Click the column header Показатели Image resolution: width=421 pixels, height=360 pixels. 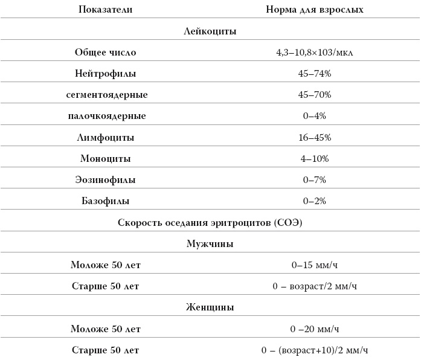106,10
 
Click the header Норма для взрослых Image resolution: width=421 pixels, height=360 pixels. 315,10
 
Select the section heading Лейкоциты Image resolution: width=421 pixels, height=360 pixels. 210,31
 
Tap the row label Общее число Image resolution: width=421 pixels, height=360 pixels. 106,53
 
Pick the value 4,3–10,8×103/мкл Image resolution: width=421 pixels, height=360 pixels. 315,53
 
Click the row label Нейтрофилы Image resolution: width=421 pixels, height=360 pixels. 106,74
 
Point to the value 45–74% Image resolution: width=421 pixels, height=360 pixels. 315,74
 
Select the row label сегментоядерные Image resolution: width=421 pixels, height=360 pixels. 106,95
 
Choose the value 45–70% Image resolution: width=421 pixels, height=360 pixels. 315,95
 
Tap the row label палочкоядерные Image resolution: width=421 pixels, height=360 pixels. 106,116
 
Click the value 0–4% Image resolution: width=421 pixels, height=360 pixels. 315,116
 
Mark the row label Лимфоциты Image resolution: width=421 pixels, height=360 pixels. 106,138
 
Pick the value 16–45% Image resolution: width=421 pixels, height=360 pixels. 315,138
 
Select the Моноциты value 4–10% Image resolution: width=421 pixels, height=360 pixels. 315,159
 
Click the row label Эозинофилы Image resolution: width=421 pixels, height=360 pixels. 106,180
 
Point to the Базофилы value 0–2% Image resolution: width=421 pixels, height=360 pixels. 315,201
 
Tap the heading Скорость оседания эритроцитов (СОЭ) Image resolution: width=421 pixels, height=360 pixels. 210,222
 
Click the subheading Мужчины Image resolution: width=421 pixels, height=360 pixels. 210,244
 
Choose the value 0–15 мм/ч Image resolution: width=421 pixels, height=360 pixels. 315,265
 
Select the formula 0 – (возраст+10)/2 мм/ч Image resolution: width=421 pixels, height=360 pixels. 315,350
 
